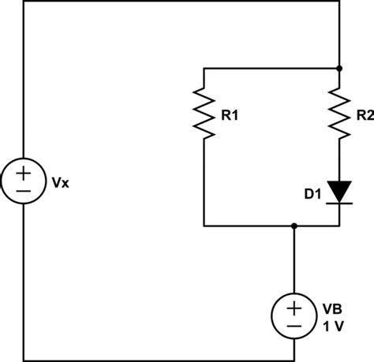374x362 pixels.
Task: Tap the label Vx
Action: (59, 183)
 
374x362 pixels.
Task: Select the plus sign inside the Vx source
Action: (23, 173)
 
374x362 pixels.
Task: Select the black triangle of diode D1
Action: (339, 190)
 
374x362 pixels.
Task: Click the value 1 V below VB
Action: (331, 324)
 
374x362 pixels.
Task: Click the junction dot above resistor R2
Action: (339, 69)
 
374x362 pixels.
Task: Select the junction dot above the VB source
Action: (294, 226)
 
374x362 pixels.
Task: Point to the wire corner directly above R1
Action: (204, 69)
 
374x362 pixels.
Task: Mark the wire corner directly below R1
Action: (204, 226)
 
